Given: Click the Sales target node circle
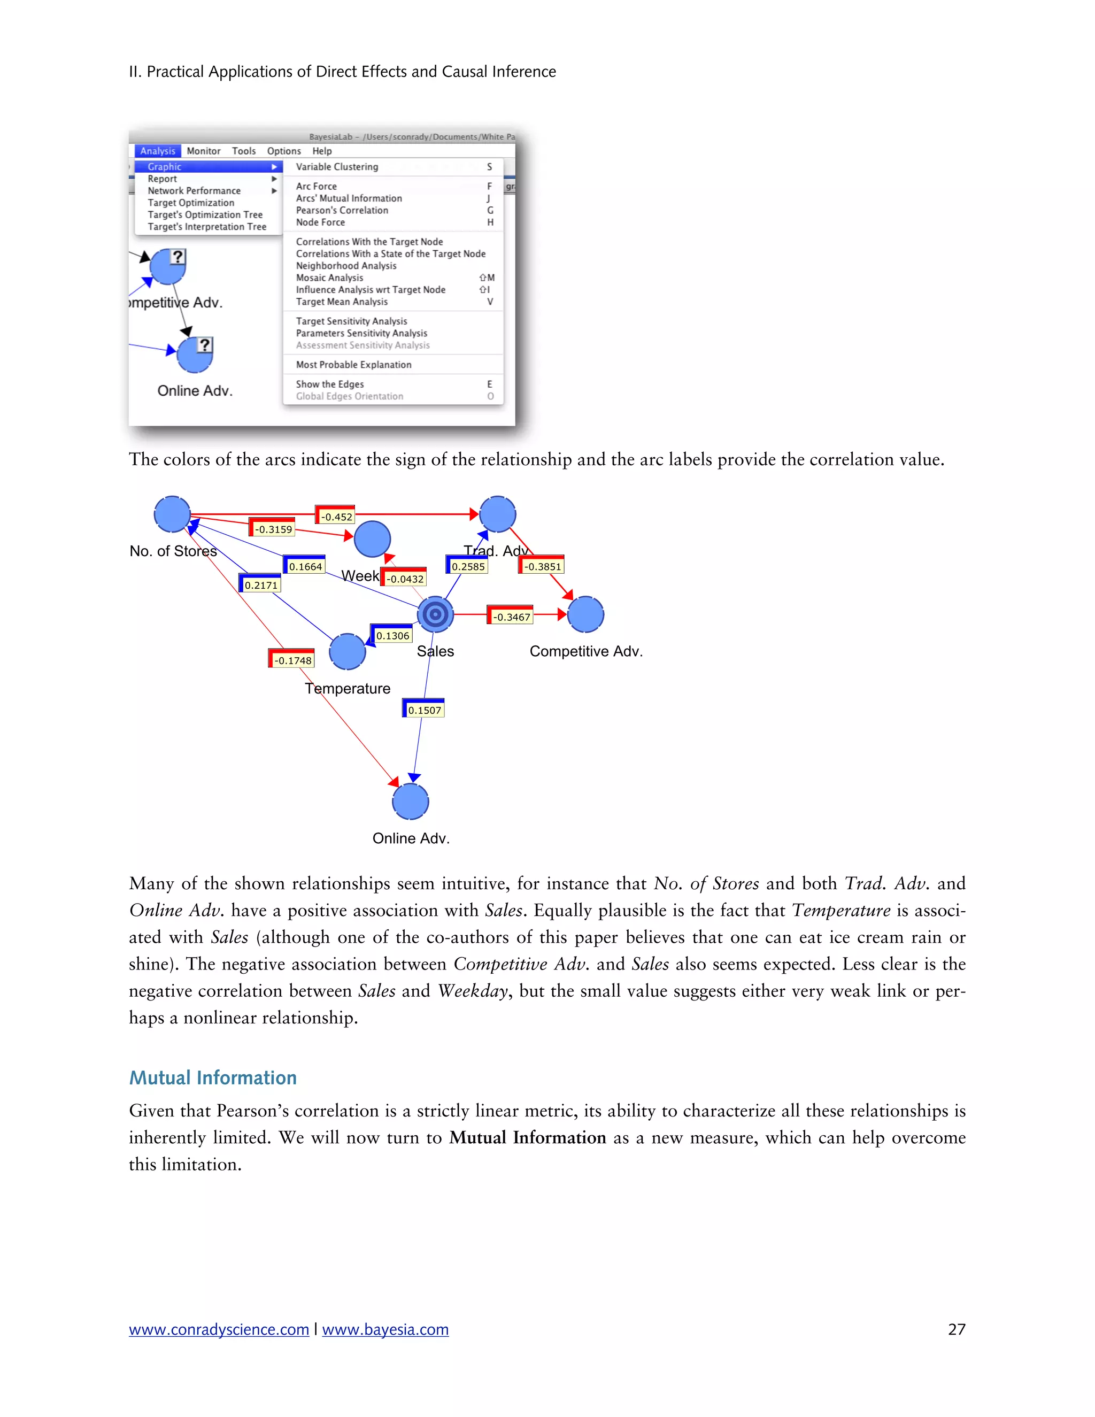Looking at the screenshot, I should coord(435,614).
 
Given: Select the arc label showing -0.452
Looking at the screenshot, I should coord(336,517).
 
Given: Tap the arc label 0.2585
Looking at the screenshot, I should coord(468,566).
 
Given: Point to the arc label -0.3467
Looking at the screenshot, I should coord(511,617).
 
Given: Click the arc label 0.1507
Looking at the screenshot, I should coord(424,710).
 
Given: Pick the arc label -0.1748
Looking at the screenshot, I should coord(292,660).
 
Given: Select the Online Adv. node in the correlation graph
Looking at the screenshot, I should coord(411,802).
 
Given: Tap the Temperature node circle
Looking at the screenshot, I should coord(348,651).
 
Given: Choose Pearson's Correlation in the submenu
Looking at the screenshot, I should coord(342,210).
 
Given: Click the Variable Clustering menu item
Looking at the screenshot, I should coord(337,167).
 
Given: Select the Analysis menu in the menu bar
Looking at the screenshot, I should coord(158,151).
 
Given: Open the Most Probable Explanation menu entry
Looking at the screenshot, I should coord(353,365).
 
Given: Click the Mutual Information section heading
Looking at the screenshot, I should coord(213,1077).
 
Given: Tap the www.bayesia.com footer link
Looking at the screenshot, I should coord(385,1329).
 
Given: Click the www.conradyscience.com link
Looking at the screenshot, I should coord(219,1329).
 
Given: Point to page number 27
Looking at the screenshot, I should coord(956,1329).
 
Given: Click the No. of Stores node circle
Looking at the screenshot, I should coord(173,514).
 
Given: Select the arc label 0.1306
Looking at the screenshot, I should coord(392,635).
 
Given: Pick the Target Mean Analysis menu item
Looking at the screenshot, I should coord(342,302).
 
